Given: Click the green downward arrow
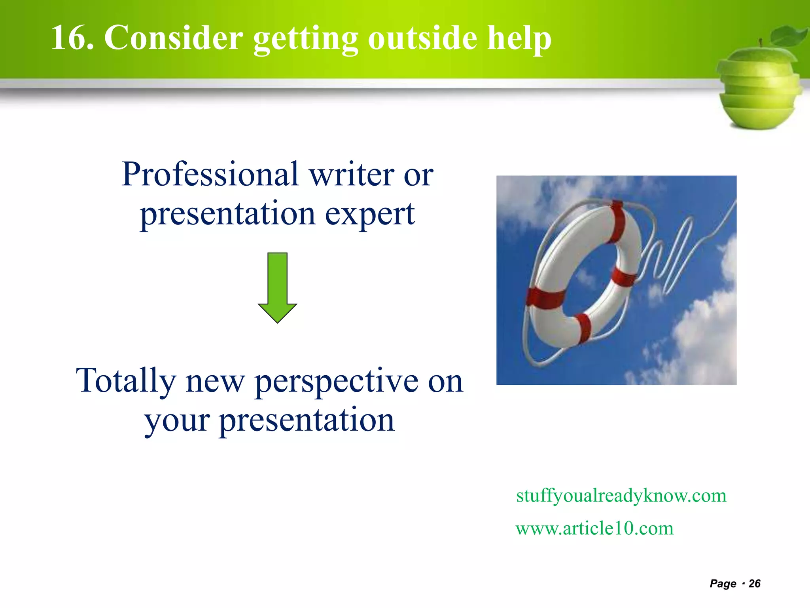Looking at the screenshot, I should (x=277, y=288).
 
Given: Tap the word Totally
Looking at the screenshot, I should (x=126, y=381).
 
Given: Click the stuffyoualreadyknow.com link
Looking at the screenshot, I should (x=621, y=496).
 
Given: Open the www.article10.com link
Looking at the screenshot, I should (x=594, y=528).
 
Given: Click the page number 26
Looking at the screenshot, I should (x=755, y=583).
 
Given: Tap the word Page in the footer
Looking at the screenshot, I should (x=723, y=583).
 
